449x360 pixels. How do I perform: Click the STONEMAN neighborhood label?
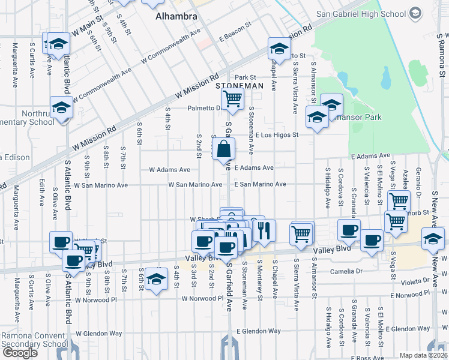(240, 86)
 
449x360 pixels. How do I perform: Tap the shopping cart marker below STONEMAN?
(232, 98)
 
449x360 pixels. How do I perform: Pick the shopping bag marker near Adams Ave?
(223, 149)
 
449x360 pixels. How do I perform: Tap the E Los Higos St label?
(277, 135)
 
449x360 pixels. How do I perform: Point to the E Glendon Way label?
(259, 331)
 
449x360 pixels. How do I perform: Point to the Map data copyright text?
(424, 355)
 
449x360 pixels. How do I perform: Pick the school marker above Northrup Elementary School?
(61, 108)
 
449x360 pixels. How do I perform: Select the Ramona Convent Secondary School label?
(34, 340)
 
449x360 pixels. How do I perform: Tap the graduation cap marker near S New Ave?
(433, 239)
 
